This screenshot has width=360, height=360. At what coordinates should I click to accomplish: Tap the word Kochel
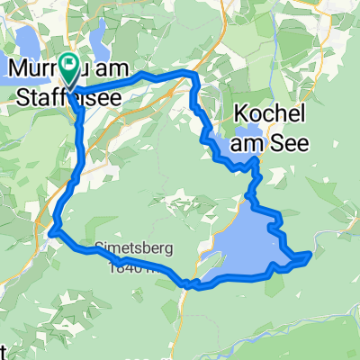(269, 114)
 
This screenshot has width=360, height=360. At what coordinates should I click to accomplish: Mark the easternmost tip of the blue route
(310, 255)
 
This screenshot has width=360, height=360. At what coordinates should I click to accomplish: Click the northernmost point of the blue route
(184, 72)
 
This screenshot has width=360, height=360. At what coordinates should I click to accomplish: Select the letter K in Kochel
(240, 114)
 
